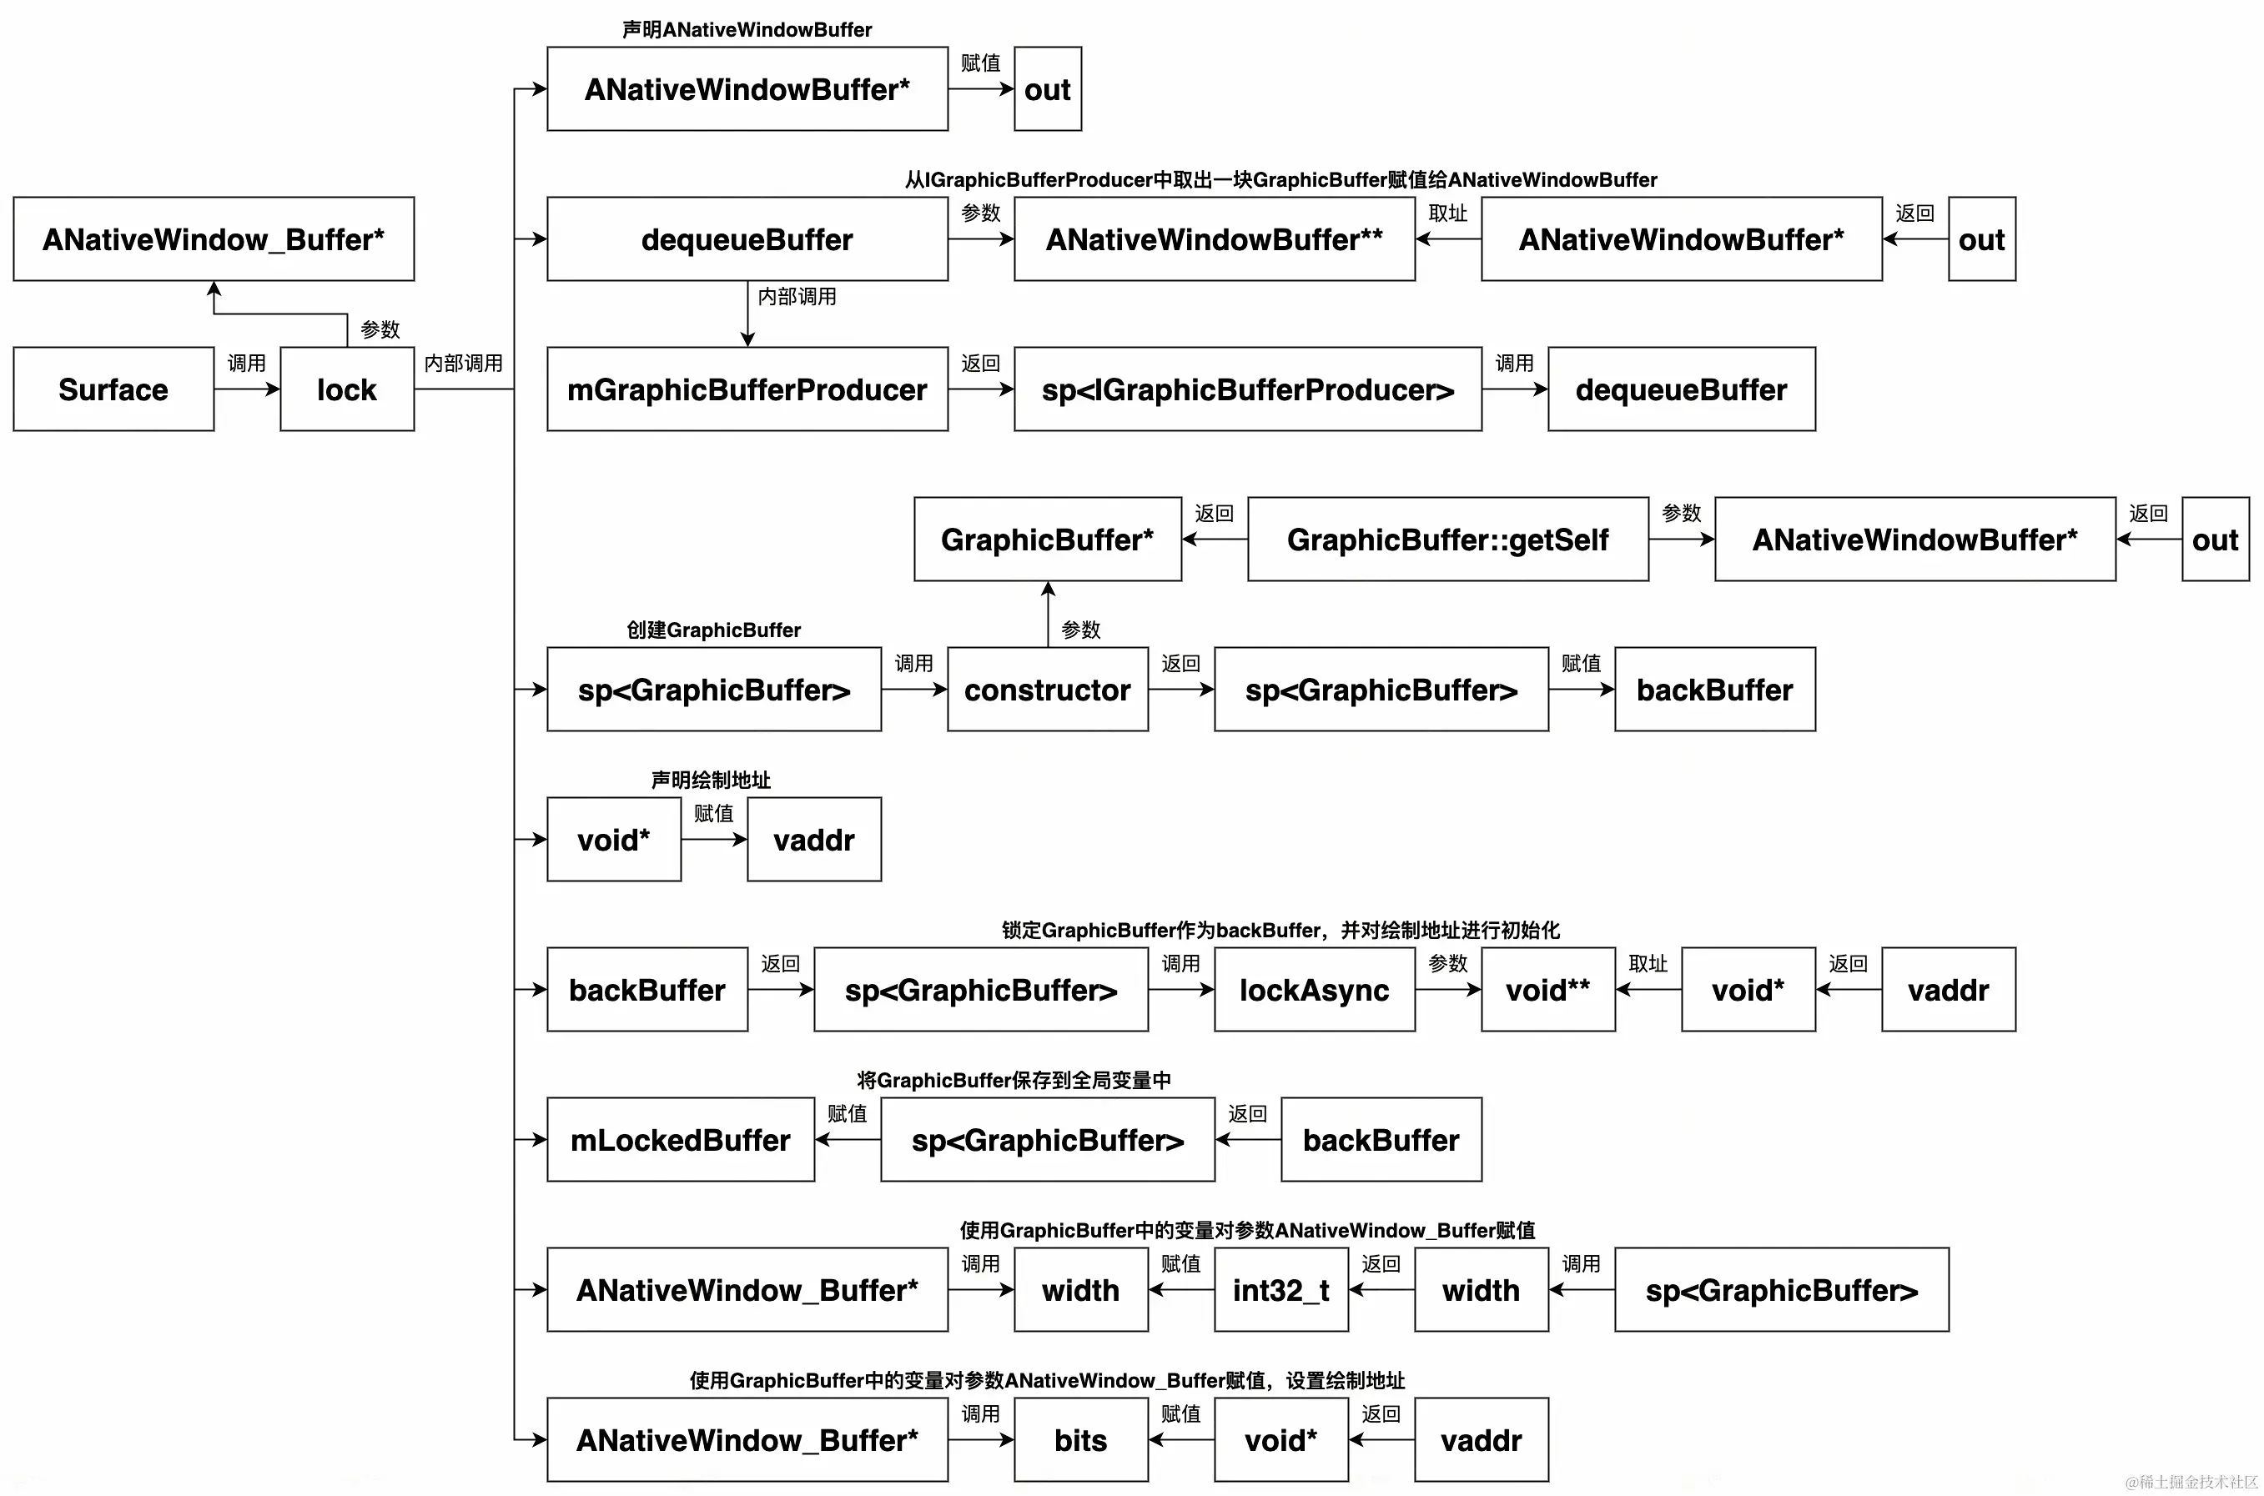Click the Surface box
tap(113, 389)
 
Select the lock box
tap(346, 389)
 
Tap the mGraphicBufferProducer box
tap(747, 389)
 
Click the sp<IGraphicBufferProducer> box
tap(1246, 389)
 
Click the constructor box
tap(1047, 689)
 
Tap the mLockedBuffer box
tap(680, 1139)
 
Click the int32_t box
tap(1280, 1289)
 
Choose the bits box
tap(1079, 1439)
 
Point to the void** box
tap(1547, 989)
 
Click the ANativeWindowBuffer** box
tap(1213, 238)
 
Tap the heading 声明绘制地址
tap(710, 780)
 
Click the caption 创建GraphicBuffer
tap(713, 630)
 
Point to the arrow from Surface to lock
tap(246, 389)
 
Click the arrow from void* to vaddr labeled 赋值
tap(713, 840)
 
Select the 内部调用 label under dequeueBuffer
tap(797, 297)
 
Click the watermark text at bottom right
tap(2191, 1482)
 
